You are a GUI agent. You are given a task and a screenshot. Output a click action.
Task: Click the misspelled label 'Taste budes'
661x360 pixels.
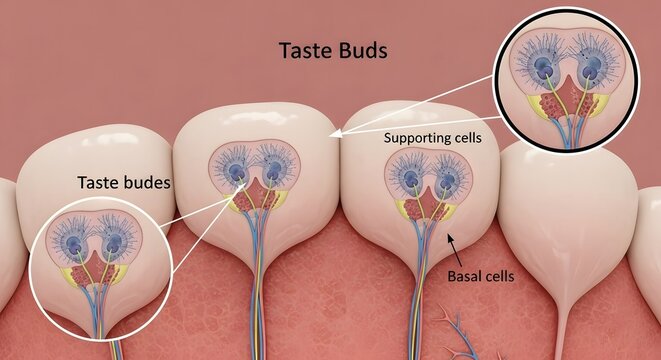pyautogui.click(x=123, y=183)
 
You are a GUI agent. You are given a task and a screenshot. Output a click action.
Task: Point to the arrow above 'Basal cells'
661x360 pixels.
pyautogui.click(x=450, y=240)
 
